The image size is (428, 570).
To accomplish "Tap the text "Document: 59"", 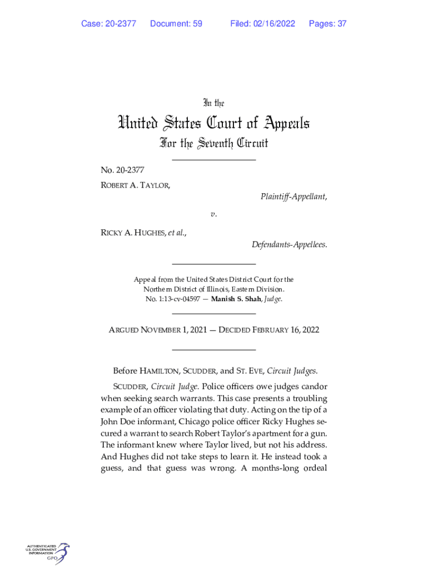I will pyautogui.click(x=176, y=23).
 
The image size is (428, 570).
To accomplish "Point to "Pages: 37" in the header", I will pyautogui.click(x=328, y=23).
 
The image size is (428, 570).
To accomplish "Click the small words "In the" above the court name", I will pyautogui.click(x=213, y=103).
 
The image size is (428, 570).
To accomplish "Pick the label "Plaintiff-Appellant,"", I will pyautogui.click(x=293, y=196).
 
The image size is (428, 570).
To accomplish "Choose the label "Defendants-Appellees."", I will pyautogui.click(x=289, y=245).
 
